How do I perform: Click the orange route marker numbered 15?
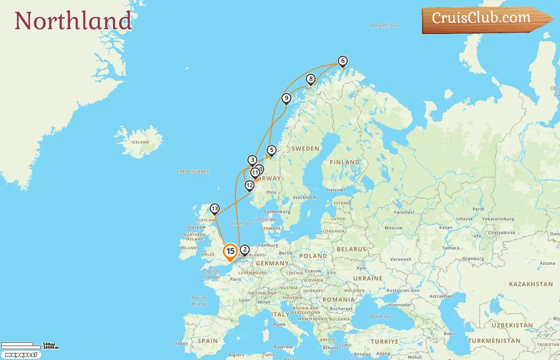(230, 252)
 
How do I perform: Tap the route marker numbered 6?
(342, 61)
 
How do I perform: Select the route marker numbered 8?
(311, 79)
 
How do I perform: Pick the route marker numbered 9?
(286, 98)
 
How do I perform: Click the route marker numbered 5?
(272, 150)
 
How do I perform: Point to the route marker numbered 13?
(215, 209)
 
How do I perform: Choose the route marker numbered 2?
(245, 250)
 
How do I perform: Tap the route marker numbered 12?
(250, 185)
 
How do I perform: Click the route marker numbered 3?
(252, 160)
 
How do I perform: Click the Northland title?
(73, 21)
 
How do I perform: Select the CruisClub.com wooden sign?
(484, 19)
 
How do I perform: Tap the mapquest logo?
(21, 355)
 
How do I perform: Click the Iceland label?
(140, 142)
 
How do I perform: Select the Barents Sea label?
(384, 26)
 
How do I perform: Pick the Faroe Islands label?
(193, 172)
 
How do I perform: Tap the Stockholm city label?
(304, 198)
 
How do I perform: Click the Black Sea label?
(380, 316)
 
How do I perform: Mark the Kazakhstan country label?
(531, 284)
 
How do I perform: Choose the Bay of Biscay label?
(199, 301)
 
